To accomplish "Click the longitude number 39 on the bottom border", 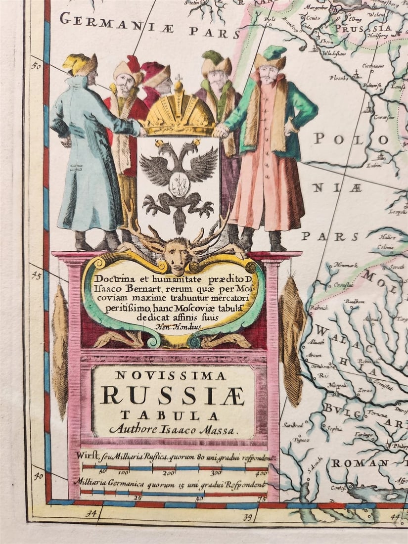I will pos(248,517).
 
